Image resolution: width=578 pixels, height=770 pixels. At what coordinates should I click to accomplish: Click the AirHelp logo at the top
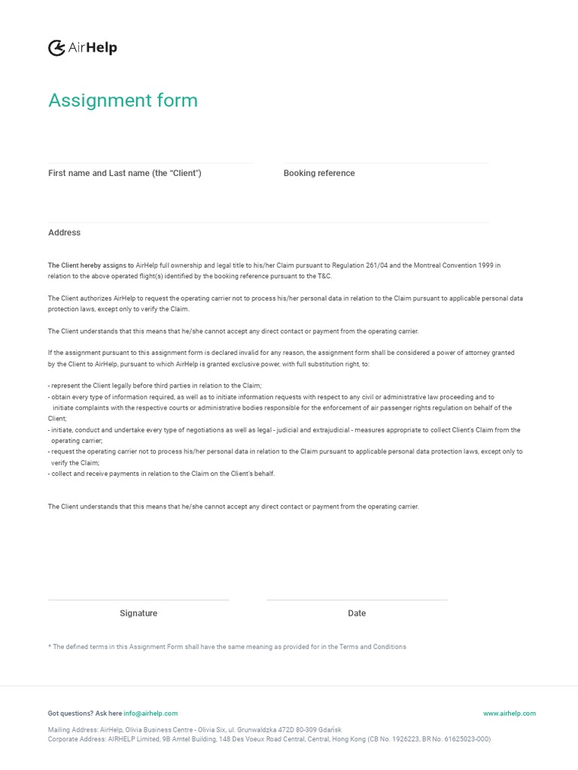coord(83,48)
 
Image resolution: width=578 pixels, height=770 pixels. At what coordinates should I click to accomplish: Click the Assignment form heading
coord(123,100)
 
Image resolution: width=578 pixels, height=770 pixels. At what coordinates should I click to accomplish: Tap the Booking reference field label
coord(319,173)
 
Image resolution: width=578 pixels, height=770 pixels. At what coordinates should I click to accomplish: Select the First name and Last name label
coord(125,173)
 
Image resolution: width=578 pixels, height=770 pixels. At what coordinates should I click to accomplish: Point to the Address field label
coord(64,232)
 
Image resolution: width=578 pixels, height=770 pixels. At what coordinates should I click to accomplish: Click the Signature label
coord(138,614)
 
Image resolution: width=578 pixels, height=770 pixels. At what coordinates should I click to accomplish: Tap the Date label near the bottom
coord(357,614)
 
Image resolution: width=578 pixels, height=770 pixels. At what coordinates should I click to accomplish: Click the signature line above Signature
coord(138,600)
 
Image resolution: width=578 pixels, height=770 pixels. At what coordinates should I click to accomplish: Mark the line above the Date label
coord(357,600)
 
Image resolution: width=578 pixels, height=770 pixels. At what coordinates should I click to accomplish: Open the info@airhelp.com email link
coord(151,714)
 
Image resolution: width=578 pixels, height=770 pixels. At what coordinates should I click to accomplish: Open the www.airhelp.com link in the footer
coord(510,714)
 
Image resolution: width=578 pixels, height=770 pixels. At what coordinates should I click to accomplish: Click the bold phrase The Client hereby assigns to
coord(91,265)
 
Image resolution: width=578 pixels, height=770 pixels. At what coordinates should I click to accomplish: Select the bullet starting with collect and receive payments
coord(162,474)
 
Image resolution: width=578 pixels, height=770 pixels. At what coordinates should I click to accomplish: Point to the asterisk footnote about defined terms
coord(227,647)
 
